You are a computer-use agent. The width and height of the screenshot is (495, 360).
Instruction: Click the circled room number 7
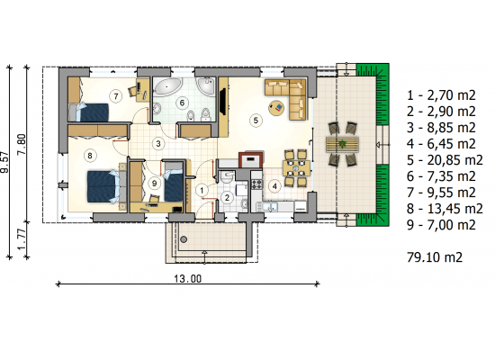coord(116,95)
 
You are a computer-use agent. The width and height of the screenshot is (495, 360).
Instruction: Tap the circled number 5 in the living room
coord(256,120)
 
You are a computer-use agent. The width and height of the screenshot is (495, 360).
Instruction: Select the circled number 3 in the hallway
coord(158,144)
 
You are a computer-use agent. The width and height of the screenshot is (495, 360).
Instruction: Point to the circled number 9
coord(154,184)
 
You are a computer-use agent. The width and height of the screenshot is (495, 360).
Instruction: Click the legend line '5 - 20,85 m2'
coord(445,160)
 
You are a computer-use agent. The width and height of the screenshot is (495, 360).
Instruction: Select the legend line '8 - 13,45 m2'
coord(445,209)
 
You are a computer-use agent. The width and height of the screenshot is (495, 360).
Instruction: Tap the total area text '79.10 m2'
coord(435,257)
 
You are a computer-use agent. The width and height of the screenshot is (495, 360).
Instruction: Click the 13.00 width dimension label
coord(187,278)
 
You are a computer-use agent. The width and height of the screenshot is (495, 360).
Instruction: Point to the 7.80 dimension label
coord(22,144)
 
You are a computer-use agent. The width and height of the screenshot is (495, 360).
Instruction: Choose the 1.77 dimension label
coord(22,239)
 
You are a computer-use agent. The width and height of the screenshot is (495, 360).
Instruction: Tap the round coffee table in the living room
coord(276,108)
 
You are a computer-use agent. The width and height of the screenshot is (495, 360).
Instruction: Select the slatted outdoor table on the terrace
coord(342,145)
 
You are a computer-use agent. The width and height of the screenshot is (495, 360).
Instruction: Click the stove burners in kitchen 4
coord(256,184)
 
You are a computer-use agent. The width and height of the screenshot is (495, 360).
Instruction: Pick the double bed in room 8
coord(103,186)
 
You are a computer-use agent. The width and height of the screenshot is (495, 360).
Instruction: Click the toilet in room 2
coord(226,177)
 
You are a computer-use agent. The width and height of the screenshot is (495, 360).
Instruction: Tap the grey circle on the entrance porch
coord(184,239)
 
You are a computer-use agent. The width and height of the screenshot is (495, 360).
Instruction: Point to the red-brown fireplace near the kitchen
coord(251,159)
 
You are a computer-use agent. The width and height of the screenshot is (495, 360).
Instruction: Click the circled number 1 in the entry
coord(202,191)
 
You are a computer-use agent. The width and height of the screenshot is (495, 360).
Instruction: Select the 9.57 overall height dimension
coord(5,162)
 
